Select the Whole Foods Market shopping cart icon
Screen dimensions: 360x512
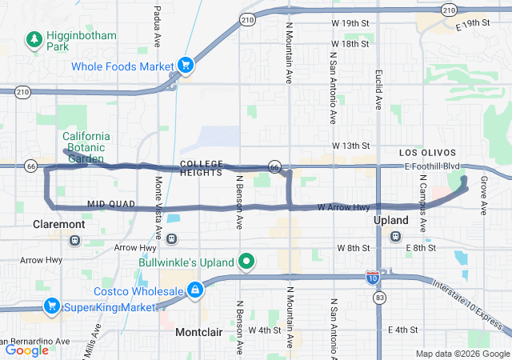(186, 65)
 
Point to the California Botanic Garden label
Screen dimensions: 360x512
(92, 146)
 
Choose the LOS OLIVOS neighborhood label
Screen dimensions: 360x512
(428, 153)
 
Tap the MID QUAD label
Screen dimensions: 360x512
(108, 204)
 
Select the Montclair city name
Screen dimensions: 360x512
(198, 331)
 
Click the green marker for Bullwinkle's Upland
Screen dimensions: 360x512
(247, 262)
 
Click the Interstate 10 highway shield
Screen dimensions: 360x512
(372, 278)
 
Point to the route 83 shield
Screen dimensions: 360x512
(378, 298)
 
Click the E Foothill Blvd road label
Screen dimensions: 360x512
(433, 166)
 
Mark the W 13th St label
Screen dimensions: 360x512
(352, 146)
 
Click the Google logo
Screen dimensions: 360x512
(27, 350)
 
